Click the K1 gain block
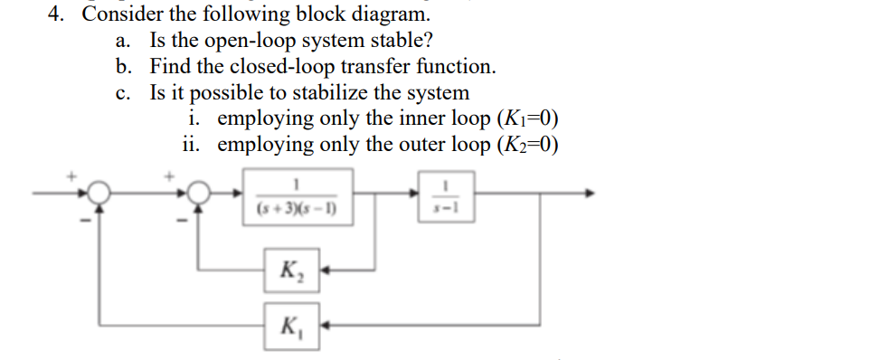tap(291, 322)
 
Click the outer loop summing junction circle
tap(99, 192)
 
